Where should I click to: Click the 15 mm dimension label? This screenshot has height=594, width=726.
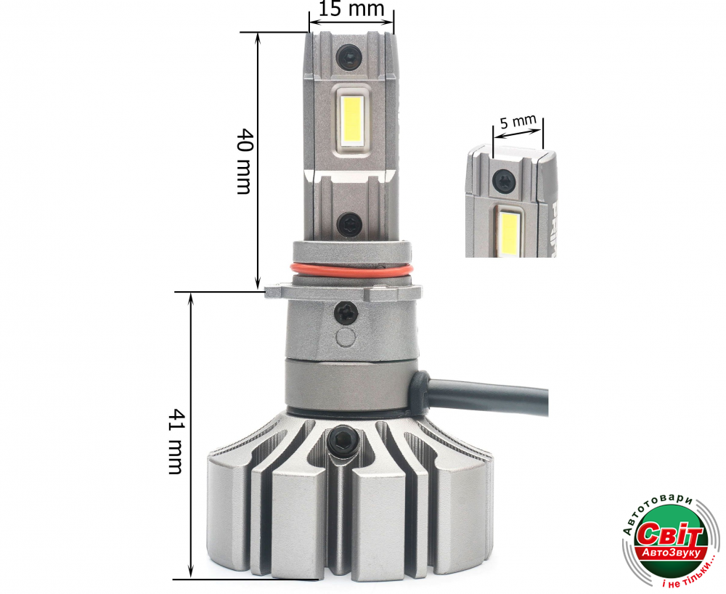pos(352,9)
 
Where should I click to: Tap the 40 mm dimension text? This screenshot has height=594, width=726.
pos(245,161)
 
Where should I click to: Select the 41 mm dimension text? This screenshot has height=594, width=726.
pos(175,442)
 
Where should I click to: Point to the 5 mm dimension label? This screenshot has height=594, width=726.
pos(518,122)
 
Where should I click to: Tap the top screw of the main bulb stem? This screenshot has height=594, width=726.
pos(348,55)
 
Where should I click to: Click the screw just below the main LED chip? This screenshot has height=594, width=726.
pos(348,224)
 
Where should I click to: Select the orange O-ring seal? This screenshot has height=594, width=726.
pos(351,272)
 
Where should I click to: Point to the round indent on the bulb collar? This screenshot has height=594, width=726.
pos(346,338)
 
